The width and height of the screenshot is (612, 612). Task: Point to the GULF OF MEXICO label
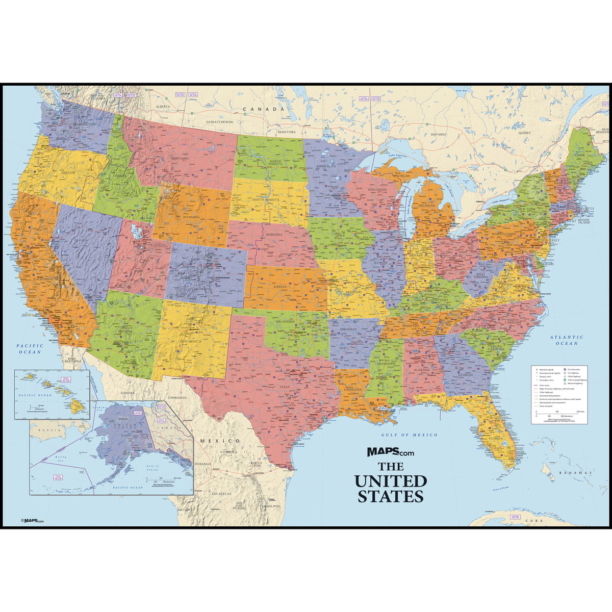410,435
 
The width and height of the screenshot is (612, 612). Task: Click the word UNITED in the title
391,480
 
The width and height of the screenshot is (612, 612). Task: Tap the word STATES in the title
391,496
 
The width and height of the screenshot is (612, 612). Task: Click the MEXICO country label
220,440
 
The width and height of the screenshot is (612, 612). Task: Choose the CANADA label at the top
263,109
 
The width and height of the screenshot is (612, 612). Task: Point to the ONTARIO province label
438,134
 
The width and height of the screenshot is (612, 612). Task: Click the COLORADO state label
202,289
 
